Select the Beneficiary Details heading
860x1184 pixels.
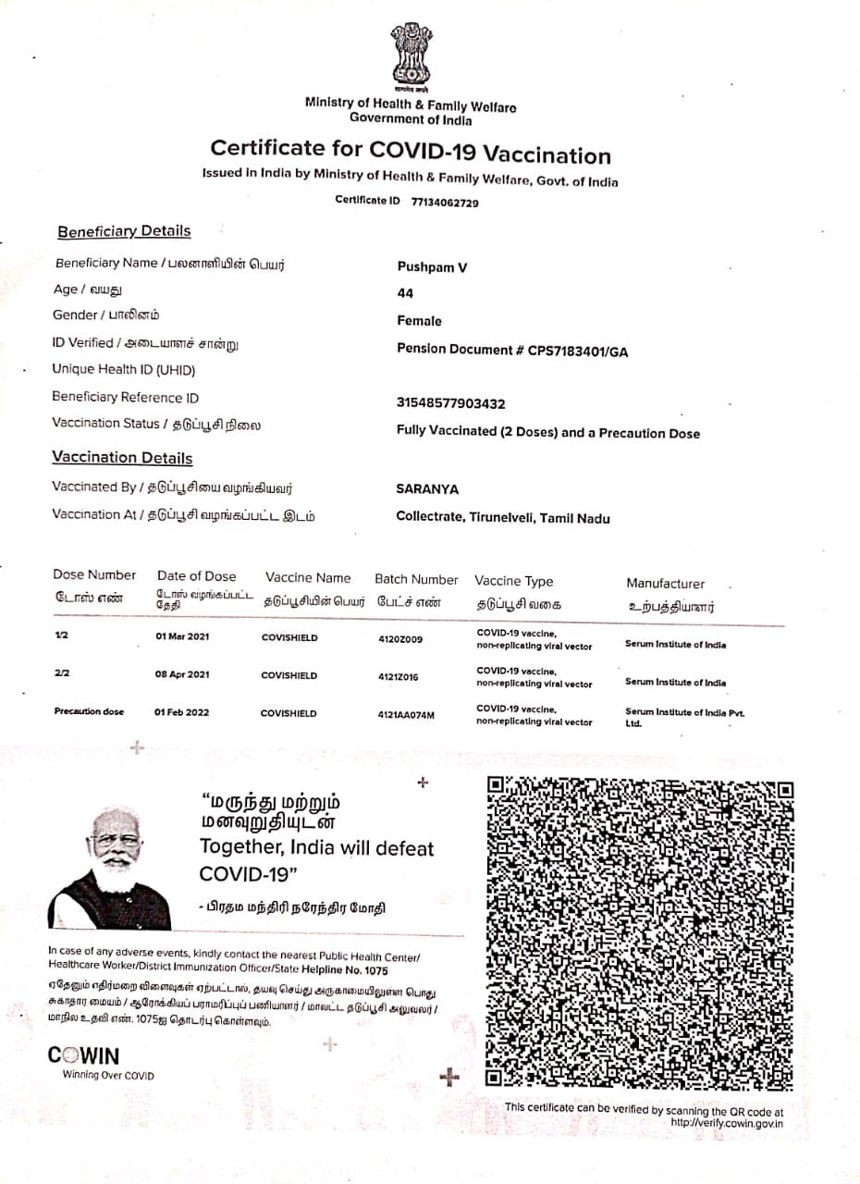[124, 231]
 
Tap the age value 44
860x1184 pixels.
[405, 293]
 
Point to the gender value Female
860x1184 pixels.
[419, 321]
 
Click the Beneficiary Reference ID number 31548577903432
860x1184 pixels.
[450, 403]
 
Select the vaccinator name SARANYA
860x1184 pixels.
[427, 488]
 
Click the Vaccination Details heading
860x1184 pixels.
[122, 458]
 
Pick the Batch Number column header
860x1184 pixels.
[416, 580]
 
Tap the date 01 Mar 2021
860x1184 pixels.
[183, 637]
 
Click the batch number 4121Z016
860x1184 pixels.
[398, 677]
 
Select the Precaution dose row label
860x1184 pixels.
[89, 712]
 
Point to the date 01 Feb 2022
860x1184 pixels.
[182, 712]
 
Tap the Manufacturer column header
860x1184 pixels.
[665, 584]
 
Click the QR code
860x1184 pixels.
[640, 932]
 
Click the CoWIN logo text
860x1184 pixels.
[83, 1055]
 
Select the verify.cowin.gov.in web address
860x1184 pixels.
[727, 1123]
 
